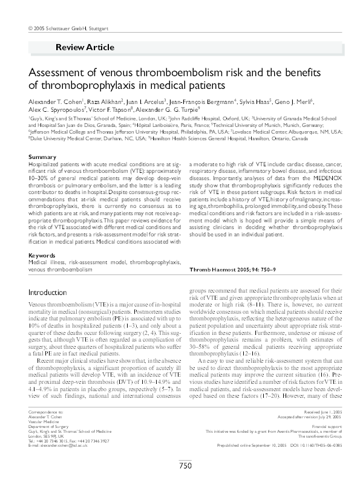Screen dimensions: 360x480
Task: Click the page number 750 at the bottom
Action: tap(185, 465)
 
